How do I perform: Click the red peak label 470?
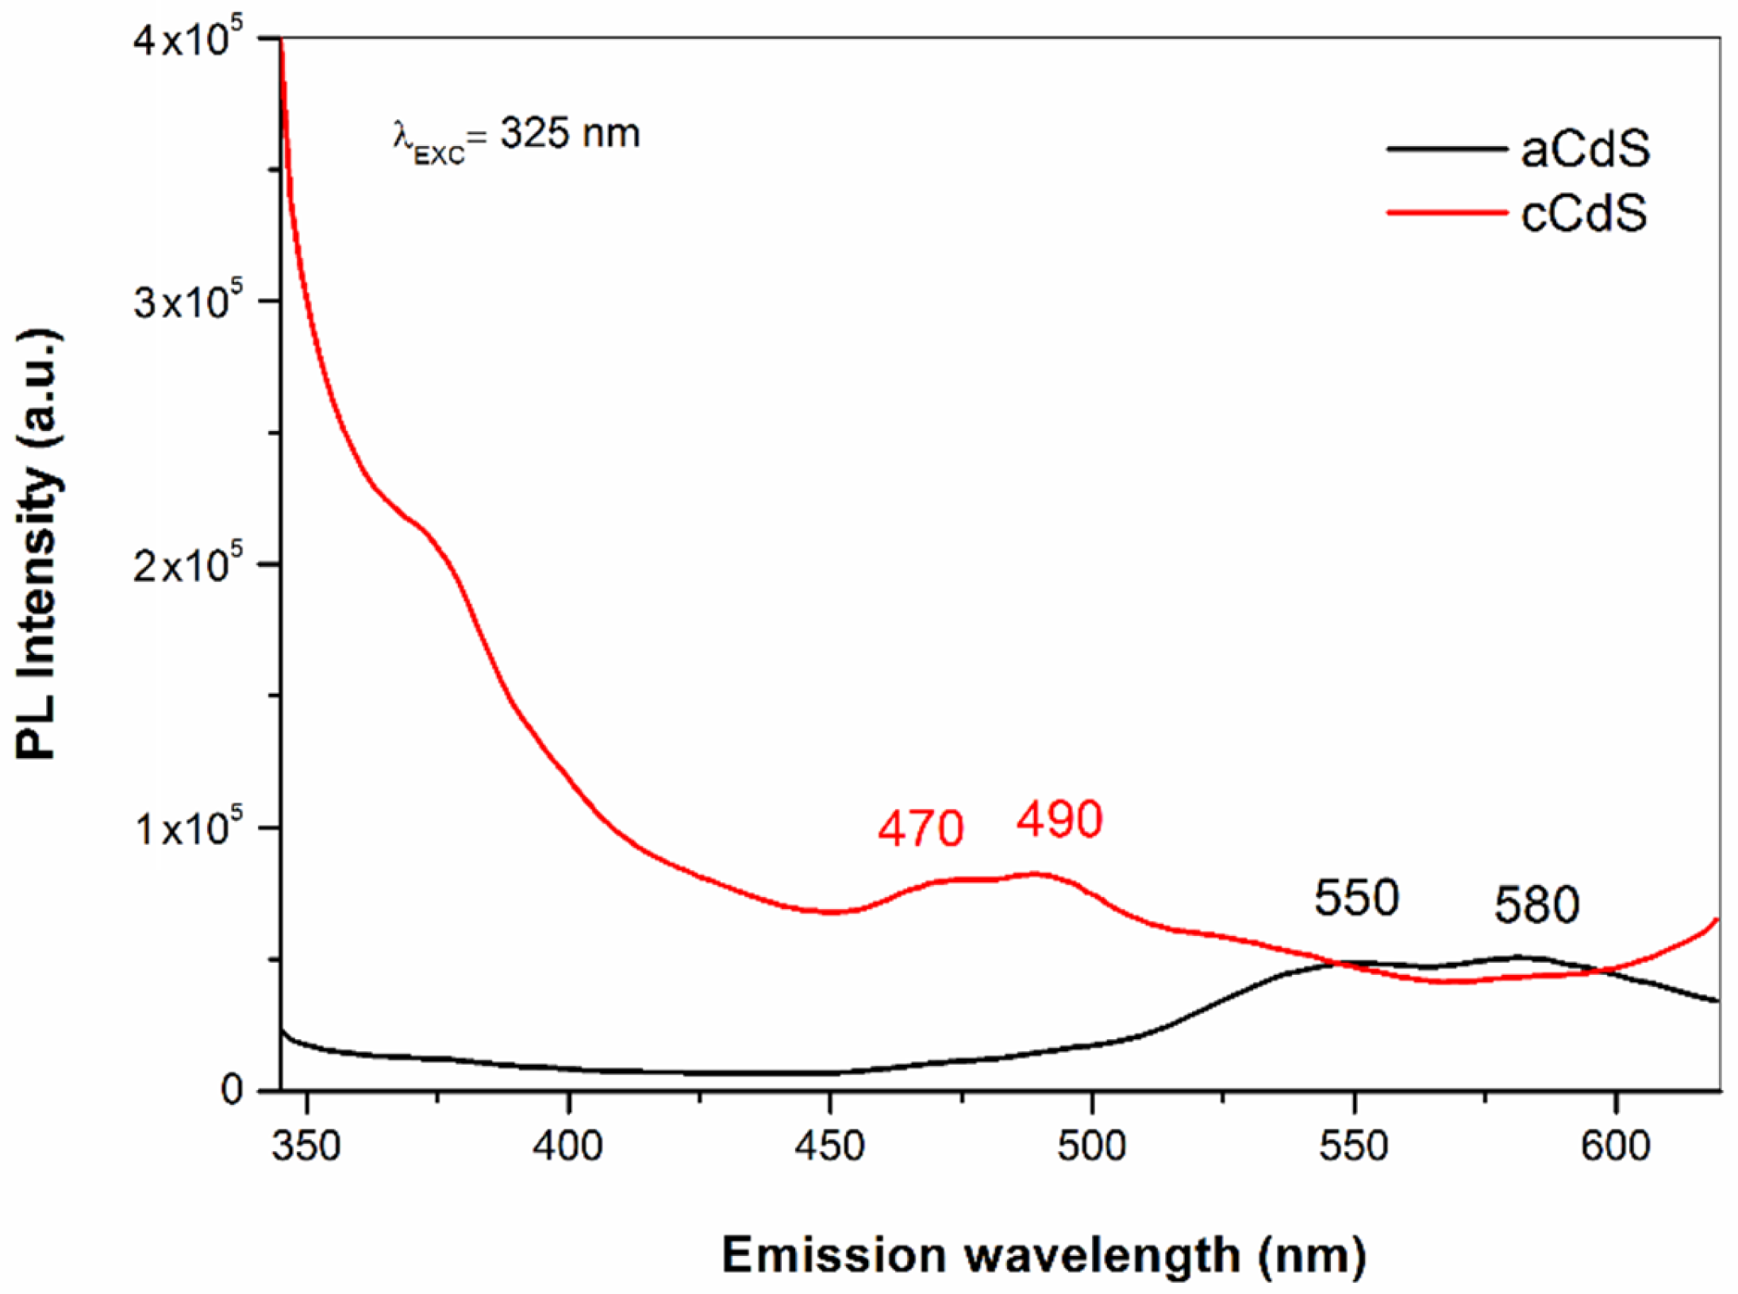[x=920, y=829]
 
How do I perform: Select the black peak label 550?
[x=1356, y=898]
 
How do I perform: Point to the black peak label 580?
[x=1536, y=905]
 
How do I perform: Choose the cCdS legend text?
[x=1583, y=213]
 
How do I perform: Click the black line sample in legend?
[x=1446, y=148]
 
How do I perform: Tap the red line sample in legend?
[x=1446, y=212]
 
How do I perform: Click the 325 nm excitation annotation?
[x=516, y=135]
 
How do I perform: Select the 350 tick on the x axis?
[x=306, y=1146]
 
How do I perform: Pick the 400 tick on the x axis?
[x=567, y=1146]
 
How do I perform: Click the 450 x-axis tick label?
[x=829, y=1146]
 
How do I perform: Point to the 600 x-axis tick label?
[x=1615, y=1146]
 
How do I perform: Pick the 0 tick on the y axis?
[x=232, y=1090]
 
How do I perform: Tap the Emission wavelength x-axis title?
[x=1044, y=1256]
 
